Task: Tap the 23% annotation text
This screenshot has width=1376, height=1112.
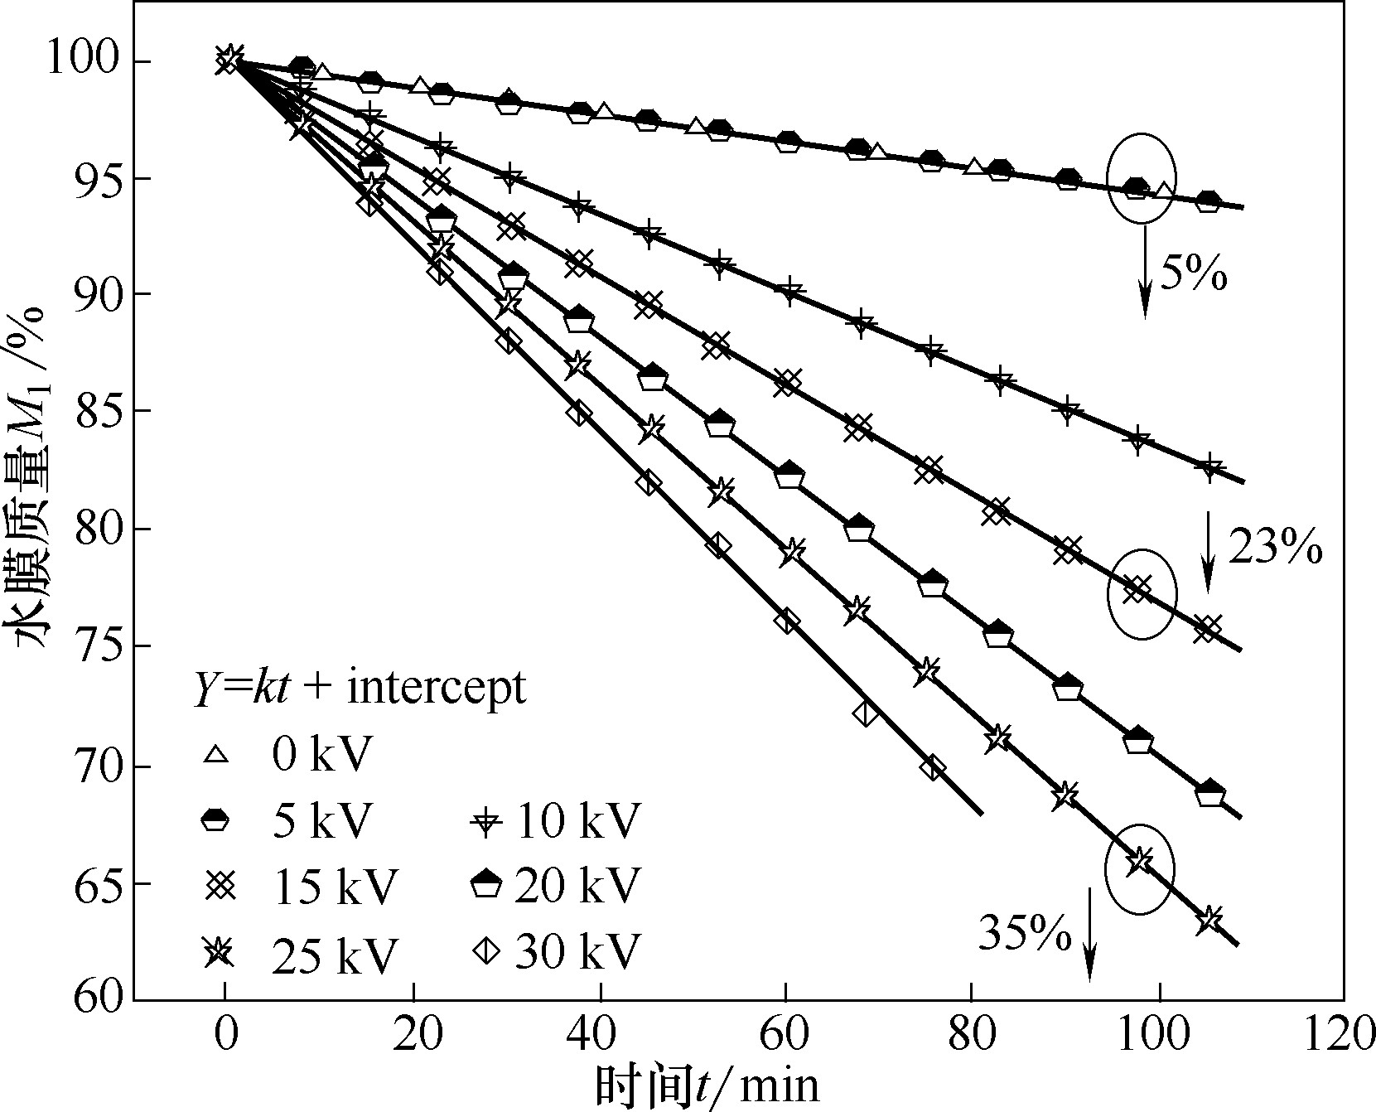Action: point(1274,548)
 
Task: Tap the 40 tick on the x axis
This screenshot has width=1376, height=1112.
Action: point(600,1037)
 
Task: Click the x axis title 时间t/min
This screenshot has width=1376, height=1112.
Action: point(706,1085)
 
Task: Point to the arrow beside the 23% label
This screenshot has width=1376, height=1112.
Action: point(1207,551)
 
